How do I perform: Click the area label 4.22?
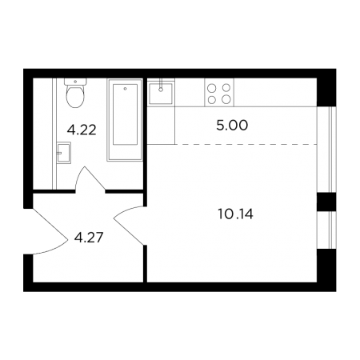coord(82,130)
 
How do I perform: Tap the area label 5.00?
coord(232,126)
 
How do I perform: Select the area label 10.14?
coord(235,214)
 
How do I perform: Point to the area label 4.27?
coord(89,237)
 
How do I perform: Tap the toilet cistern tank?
coord(75,82)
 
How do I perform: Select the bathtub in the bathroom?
coord(125,120)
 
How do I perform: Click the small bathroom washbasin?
coord(64,153)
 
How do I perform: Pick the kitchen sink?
coord(161,93)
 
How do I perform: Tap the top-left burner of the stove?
coord(212,88)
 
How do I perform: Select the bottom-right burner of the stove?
coord(226,99)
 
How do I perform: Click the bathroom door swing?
coord(90,179)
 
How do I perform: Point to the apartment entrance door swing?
coord(50,231)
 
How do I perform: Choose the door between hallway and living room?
coord(130,226)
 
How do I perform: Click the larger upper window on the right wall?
coord(326,150)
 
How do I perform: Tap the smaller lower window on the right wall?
coord(326,230)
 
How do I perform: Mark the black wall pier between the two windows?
coord(326,202)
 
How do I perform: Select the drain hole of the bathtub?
coord(125,89)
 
